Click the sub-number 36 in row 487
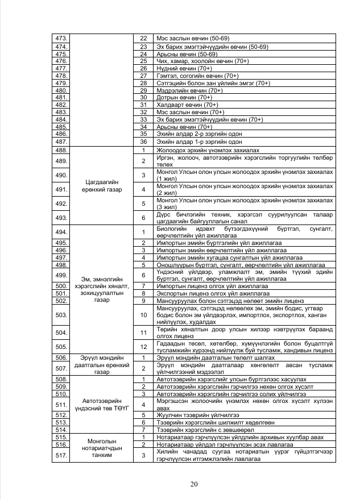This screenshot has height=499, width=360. pyautogui.click(x=144, y=142)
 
